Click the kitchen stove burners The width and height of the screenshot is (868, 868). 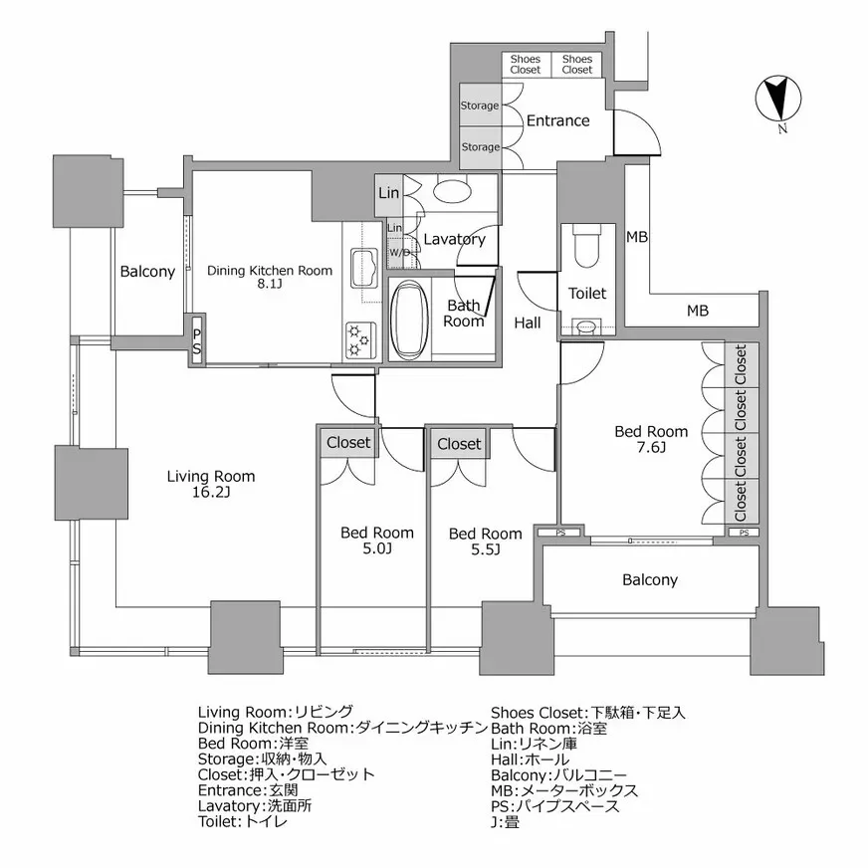356,338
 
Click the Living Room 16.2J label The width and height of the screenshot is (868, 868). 210,484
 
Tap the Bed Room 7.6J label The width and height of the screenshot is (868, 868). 651,439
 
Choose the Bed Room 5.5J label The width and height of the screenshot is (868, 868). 485,542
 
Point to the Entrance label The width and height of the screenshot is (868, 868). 557,120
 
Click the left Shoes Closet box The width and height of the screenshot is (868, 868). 526,65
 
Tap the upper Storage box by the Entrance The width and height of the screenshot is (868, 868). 480,106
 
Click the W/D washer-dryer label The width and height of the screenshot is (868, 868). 398,253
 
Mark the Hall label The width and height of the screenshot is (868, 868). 528,323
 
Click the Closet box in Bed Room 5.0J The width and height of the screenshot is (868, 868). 348,443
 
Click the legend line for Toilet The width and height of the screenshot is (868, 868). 243,821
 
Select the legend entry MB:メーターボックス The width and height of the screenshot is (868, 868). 564,789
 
